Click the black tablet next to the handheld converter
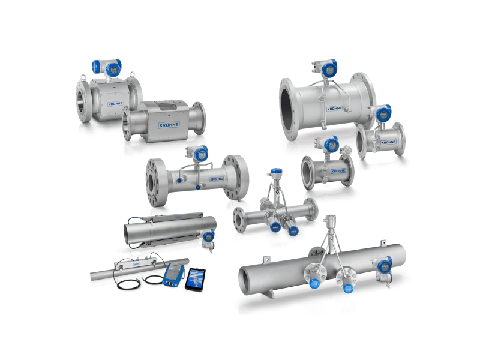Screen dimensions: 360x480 coord(196,278)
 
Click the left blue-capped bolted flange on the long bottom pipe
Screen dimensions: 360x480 coord(314,272)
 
